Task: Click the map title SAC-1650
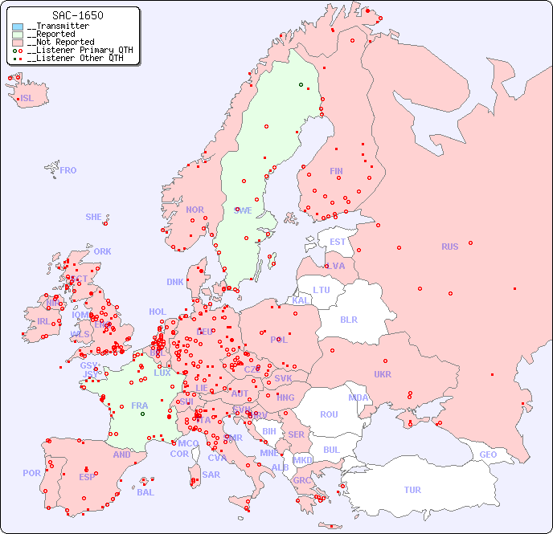[x=77, y=15]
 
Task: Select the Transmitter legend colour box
[x=18, y=26]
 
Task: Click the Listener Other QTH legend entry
[x=74, y=58]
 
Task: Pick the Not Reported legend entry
[x=60, y=42]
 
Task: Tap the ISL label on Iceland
[x=27, y=99]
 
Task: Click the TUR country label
[x=412, y=490]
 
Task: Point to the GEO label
[x=488, y=455]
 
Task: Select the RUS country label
[x=449, y=247]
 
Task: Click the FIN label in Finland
[x=336, y=171]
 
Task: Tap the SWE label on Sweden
[x=243, y=210]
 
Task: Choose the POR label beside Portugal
[x=31, y=473]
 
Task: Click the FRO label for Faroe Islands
[x=68, y=170]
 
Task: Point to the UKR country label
[x=383, y=374]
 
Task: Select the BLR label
[x=348, y=319]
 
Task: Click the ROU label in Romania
[x=329, y=414]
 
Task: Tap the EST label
[x=338, y=242]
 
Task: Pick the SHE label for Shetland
[x=94, y=217]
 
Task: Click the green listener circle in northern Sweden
[x=301, y=84]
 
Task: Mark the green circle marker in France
[x=142, y=414]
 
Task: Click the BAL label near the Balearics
[x=145, y=492]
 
